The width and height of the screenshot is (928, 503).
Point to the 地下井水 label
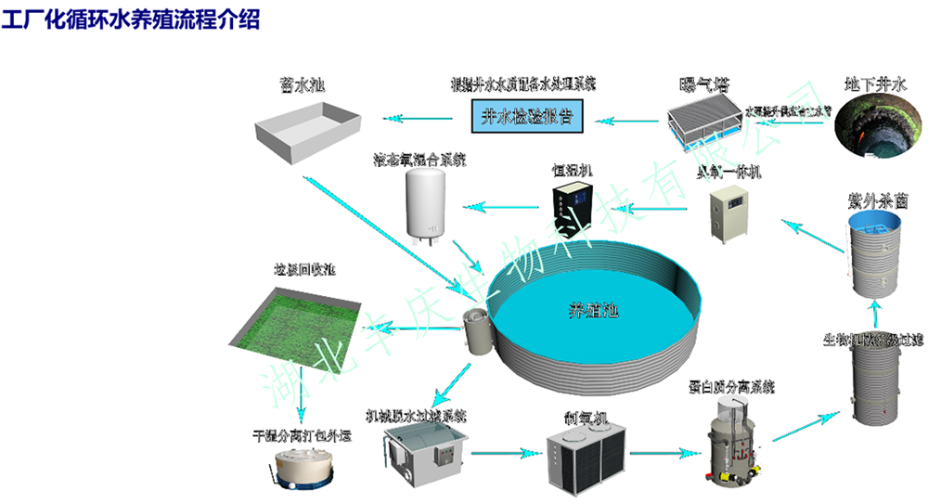(x=874, y=83)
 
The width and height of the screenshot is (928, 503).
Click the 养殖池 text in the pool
(x=593, y=310)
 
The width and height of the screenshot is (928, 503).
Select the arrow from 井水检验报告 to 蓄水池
(x=418, y=119)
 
